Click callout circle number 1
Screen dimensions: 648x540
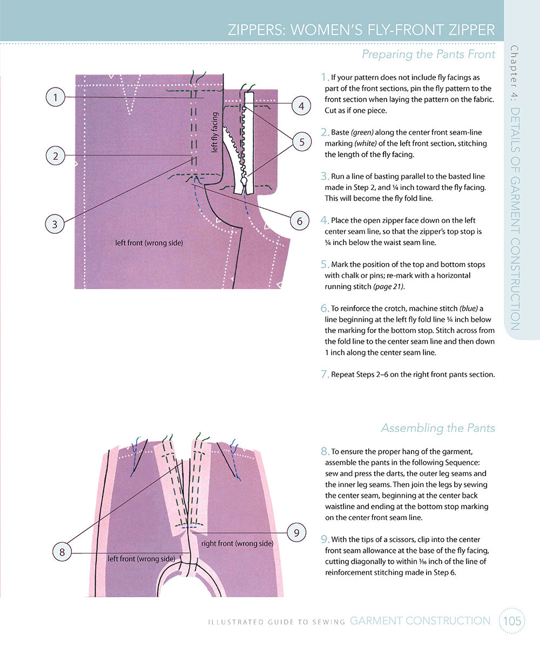point(55,98)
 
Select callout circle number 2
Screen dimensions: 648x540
point(55,157)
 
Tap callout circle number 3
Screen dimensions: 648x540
point(55,224)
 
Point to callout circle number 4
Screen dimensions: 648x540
point(301,106)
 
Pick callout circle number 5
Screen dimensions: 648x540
point(301,142)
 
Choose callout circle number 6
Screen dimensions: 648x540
point(299,220)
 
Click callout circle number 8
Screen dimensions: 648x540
point(62,551)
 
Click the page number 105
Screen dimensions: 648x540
point(511,621)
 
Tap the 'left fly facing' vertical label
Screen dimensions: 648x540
point(214,132)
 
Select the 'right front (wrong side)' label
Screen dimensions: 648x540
point(237,543)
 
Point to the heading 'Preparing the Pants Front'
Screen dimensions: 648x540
point(428,54)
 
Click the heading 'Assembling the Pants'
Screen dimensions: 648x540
point(438,428)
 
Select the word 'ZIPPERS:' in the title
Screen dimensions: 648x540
point(256,29)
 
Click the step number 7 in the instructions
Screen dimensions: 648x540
point(325,374)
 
